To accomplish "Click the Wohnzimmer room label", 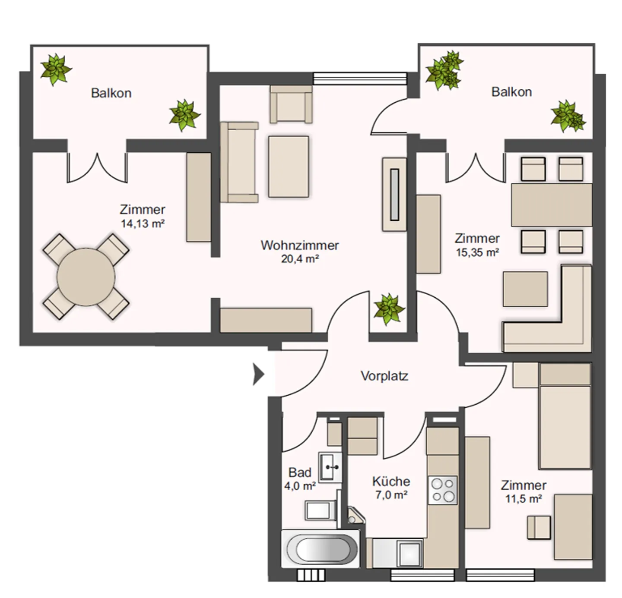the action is point(299,245).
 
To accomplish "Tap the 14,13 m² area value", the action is point(143,223).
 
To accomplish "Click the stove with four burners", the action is point(443,490).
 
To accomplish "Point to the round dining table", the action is point(86,277).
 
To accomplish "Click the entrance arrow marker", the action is point(258,374).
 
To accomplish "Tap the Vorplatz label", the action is point(384,376).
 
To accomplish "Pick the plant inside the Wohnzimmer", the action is point(389,308).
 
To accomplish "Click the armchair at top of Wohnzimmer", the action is point(291,104).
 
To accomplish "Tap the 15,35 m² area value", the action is point(478,252).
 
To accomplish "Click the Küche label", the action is point(391,482).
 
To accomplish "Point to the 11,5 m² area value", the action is point(524,498).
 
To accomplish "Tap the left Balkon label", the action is point(111,93).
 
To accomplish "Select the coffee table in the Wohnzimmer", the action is point(289,167).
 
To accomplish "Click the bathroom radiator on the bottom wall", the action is point(311,575).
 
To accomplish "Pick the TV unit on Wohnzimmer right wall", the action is point(394,194).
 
